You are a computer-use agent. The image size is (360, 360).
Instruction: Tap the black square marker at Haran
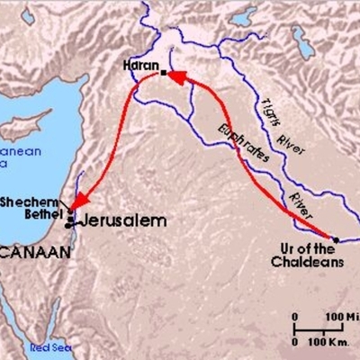[164, 72]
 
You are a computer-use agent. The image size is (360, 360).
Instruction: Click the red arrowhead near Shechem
[78, 202]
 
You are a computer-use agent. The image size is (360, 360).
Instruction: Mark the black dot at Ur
[335, 239]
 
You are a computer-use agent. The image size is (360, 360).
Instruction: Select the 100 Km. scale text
[332, 343]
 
